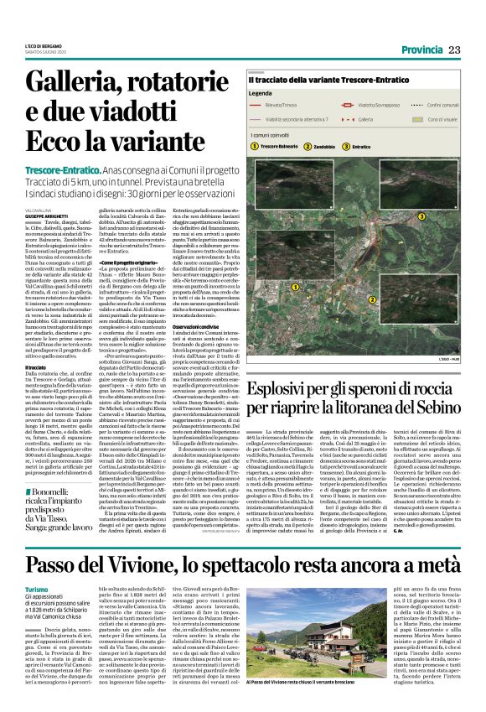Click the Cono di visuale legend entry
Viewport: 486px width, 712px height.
pos(442,120)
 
